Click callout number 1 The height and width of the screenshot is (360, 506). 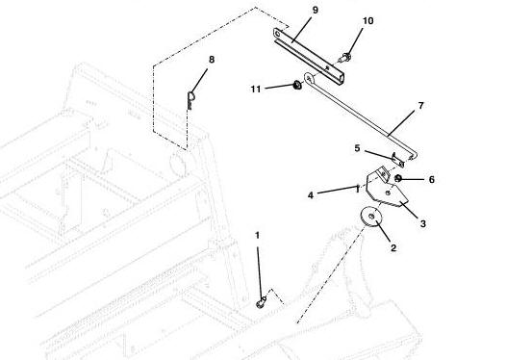(257, 236)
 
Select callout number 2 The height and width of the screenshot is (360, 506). (393, 247)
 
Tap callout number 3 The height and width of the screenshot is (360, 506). (422, 223)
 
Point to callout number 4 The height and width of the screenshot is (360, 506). (311, 195)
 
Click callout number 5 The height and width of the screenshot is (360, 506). (357, 148)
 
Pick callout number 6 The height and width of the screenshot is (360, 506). (432, 179)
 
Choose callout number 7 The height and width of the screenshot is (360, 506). (420, 106)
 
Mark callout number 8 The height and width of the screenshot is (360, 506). (212, 60)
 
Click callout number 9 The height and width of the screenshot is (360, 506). (315, 10)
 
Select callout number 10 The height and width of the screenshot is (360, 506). (367, 21)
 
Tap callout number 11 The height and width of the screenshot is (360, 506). (256, 90)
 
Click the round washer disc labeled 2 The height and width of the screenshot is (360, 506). (371, 217)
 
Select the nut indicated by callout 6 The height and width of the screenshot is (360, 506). (398, 178)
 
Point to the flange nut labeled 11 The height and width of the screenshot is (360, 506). (296, 86)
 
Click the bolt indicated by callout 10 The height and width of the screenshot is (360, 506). (344, 58)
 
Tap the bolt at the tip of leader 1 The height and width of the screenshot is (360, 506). (261, 303)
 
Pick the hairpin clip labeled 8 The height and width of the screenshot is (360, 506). (190, 100)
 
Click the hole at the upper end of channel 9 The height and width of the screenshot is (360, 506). (278, 34)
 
